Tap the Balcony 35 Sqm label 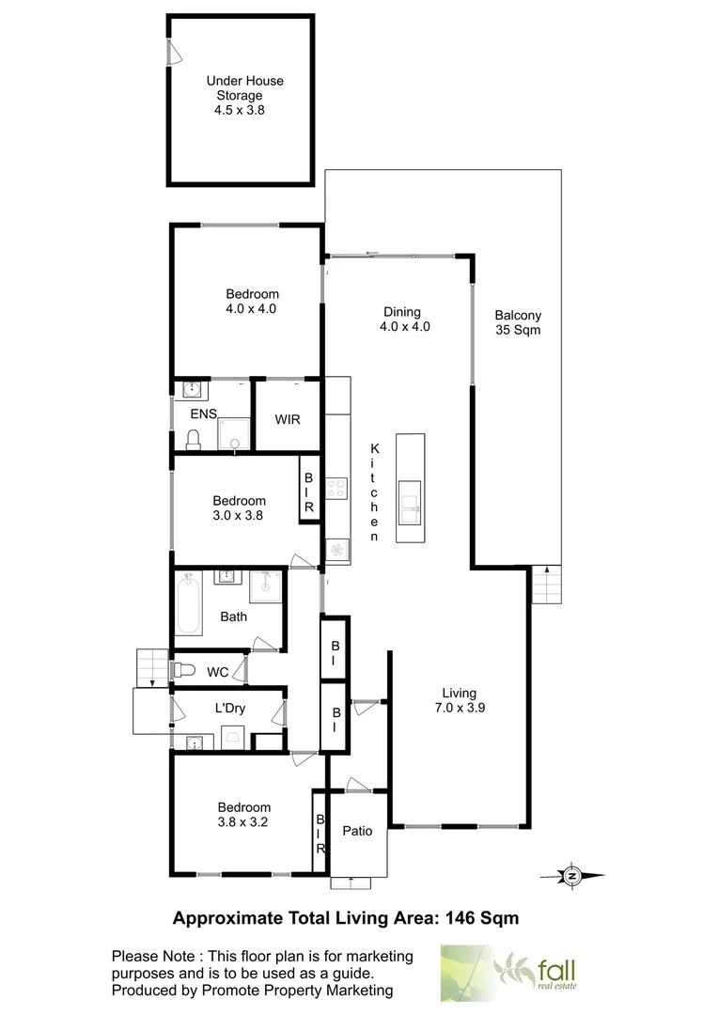click(x=518, y=322)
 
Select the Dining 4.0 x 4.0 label click(x=401, y=320)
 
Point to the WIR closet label click(x=288, y=418)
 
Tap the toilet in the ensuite click(x=194, y=439)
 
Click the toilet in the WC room click(x=184, y=670)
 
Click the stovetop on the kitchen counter click(x=336, y=488)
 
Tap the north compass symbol click(x=571, y=876)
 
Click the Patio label click(x=357, y=831)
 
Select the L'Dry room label click(x=229, y=708)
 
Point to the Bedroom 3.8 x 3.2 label click(x=243, y=814)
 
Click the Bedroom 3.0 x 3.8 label click(x=239, y=507)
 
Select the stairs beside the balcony click(x=548, y=587)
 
